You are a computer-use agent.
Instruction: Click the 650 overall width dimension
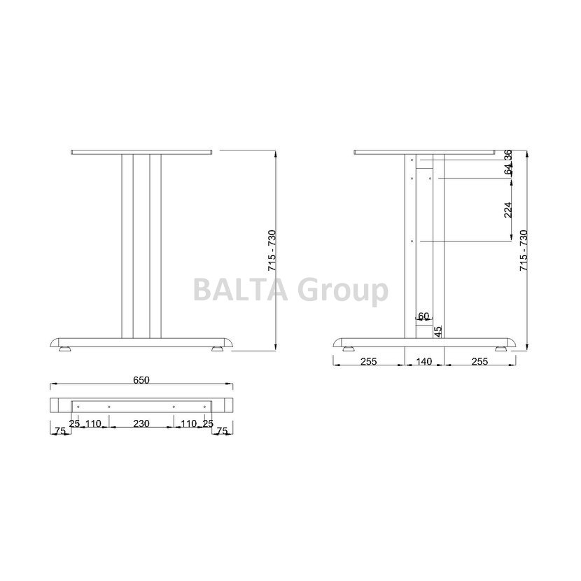coord(141,380)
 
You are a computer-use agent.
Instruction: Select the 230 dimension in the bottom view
coord(141,423)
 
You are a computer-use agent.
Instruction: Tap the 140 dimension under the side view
coord(424,361)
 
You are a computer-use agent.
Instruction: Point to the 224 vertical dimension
coord(508,210)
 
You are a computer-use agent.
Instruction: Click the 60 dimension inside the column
coord(423,316)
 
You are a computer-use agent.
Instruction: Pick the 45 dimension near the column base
coord(438,331)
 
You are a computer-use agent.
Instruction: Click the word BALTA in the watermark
coord(240,290)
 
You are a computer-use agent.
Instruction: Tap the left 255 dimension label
coord(369,361)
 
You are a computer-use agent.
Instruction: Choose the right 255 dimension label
coord(479,361)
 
